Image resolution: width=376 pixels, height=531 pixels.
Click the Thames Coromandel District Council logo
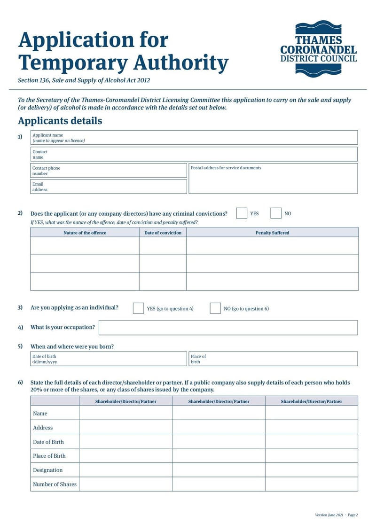pos(318,48)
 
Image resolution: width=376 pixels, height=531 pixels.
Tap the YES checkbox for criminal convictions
pos(242,213)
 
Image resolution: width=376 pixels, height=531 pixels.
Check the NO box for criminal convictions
pos(276,213)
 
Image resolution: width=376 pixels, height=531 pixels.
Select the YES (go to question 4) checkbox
pos(138,308)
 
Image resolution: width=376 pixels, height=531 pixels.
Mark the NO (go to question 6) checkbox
pos(215,308)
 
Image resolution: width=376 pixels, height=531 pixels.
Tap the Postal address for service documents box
pos(273,179)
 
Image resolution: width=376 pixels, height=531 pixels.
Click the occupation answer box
pos(228,328)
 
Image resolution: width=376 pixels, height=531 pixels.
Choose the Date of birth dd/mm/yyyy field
pos(109,359)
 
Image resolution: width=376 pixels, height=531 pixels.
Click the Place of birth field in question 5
pos(273,359)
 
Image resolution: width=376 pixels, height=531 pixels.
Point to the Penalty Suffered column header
pos(272,233)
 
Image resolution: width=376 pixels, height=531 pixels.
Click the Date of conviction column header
pos(163,233)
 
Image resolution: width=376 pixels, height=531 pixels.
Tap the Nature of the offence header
pos(85,233)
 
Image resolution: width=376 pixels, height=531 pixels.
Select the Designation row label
pos(47,470)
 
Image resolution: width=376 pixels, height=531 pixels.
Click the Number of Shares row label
pos(55,484)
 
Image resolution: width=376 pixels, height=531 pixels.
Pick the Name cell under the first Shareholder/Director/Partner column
pos(125,413)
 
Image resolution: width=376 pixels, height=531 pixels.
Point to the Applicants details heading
pos(60,121)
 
